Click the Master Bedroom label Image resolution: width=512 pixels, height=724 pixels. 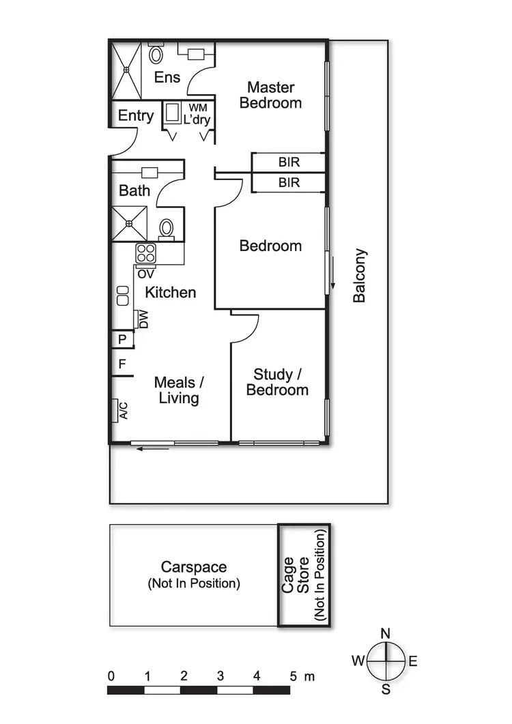click(270, 95)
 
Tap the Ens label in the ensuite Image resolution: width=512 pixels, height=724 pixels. click(167, 77)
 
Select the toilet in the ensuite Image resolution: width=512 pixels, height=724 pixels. click(156, 54)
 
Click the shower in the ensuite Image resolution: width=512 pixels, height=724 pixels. click(126, 69)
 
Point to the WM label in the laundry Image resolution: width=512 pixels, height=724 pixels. click(197, 108)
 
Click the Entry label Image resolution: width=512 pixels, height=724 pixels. click(136, 115)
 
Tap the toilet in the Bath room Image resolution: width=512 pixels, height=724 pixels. click(166, 228)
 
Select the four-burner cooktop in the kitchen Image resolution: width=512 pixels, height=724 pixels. click(145, 254)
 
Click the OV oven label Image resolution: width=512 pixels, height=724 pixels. click(145, 274)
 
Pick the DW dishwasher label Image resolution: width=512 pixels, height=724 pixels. click(143, 319)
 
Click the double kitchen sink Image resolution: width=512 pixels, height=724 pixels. click(123, 295)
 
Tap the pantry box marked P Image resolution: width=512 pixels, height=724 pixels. click(122, 339)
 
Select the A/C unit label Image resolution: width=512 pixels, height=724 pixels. click(123, 410)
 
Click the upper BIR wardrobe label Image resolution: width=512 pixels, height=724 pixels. click(289, 162)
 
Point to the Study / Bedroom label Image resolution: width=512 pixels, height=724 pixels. click(277, 382)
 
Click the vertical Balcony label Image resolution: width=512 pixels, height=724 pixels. click(360, 276)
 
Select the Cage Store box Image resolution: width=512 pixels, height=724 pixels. click(304, 575)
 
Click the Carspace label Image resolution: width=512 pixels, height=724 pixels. click(194, 567)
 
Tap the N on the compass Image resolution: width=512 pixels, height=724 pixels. click(386, 633)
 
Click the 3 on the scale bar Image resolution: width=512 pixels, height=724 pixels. click(221, 676)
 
